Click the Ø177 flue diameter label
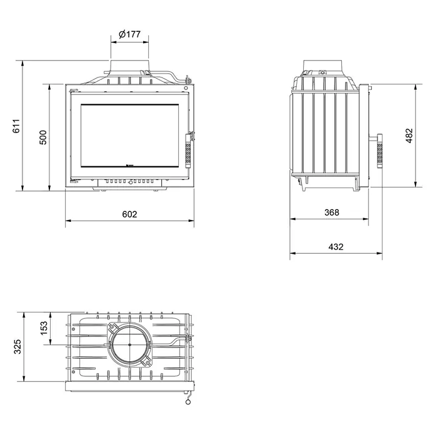click(129, 34)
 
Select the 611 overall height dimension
click(16, 126)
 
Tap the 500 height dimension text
click(43, 137)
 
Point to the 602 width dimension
click(129, 214)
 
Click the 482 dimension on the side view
click(409, 136)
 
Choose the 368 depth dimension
click(332, 212)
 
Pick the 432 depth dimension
click(336, 247)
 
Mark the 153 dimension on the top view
click(44, 328)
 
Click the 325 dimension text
click(17, 346)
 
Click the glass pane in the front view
click(129, 136)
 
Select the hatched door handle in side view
click(379, 151)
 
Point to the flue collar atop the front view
click(129, 67)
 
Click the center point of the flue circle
click(129, 345)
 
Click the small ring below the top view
click(188, 402)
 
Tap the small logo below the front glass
click(129, 166)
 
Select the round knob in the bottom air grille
click(131, 182)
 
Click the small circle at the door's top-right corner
click(186, 88)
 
